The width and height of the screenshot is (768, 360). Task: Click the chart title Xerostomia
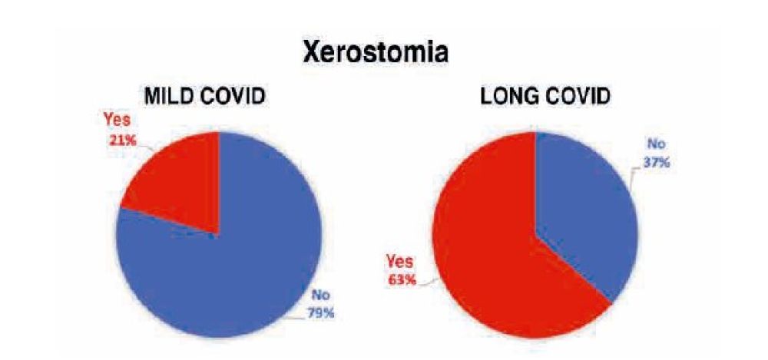[376, 52]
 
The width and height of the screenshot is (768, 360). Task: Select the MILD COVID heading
[205, 97]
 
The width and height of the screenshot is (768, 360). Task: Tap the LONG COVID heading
[545, 97]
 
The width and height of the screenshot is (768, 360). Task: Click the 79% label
[320, 313]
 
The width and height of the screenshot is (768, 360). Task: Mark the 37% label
[657, 162]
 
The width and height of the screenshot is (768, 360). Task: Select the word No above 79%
[321, 296]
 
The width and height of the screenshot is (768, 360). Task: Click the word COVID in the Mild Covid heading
[233, 97]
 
